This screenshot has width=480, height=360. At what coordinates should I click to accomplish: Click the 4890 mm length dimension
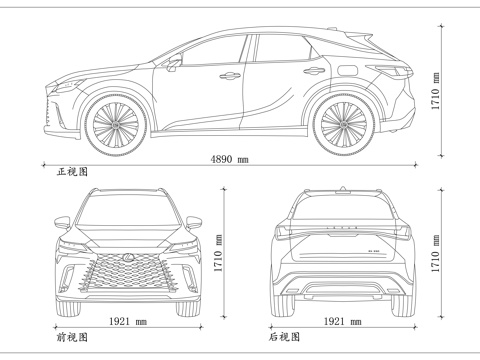tap(229, 160)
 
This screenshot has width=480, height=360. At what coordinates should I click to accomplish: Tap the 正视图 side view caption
tap(72, 172)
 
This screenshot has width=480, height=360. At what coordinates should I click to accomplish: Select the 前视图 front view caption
tap(72, 338)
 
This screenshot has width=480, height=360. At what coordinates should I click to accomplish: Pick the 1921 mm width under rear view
tap(344, 322)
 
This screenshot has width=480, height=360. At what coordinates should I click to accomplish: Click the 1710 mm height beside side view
tap(437, 91)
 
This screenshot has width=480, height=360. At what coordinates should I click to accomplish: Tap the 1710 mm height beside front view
tap(218, 262)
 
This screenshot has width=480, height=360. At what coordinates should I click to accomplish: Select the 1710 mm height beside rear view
tap(437, 262)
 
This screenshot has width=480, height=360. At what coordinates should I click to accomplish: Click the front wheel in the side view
tap(118, 124)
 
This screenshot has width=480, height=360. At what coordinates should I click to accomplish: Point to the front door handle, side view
tap(230, 75)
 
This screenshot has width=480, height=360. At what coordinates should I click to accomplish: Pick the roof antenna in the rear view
tap(344, 188)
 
